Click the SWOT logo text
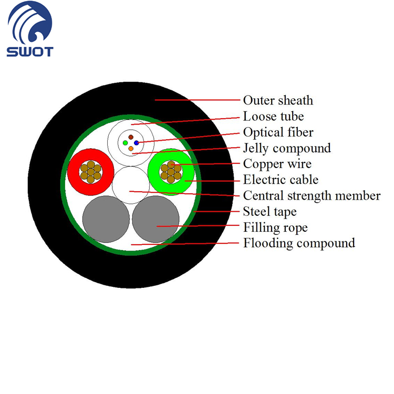30,51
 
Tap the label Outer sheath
278,100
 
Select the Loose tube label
273,116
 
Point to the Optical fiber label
278,132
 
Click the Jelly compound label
287,148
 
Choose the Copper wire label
277,164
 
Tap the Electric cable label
281,180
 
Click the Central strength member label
312,196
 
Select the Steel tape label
270,212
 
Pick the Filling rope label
275,227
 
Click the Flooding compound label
299,243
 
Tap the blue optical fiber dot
137,143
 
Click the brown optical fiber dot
131,137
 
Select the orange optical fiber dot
131,149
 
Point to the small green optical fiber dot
125,143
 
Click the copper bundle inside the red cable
91,172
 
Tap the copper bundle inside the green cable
171,172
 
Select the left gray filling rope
106,219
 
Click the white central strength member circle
131,185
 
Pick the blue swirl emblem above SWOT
29,23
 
